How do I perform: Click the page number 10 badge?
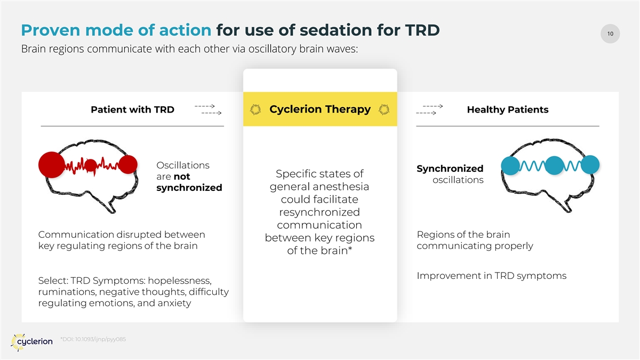coord(610,34)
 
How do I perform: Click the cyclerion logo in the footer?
coord(31,342)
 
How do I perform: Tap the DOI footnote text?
coord(93,339)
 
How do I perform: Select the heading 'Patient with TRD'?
coord(133,109)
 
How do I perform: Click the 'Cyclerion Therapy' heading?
coord(320,109)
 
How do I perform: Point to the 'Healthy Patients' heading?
coord(508,109)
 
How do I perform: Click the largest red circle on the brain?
coord(52,165)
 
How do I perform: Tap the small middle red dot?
coord(91,165)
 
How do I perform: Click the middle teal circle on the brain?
coord(554,165)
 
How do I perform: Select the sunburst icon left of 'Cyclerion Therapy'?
coord(255,109)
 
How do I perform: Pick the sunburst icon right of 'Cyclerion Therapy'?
coord(384,109)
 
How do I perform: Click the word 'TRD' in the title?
coord(422,30)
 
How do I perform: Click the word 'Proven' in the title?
coord(51,30)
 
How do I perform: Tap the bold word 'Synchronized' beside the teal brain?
coord(450,169)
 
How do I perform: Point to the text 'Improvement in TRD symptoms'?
coord(491,276)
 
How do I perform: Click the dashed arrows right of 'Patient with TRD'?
coord(208,110)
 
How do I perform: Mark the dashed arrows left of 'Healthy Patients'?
coord(429,110)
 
